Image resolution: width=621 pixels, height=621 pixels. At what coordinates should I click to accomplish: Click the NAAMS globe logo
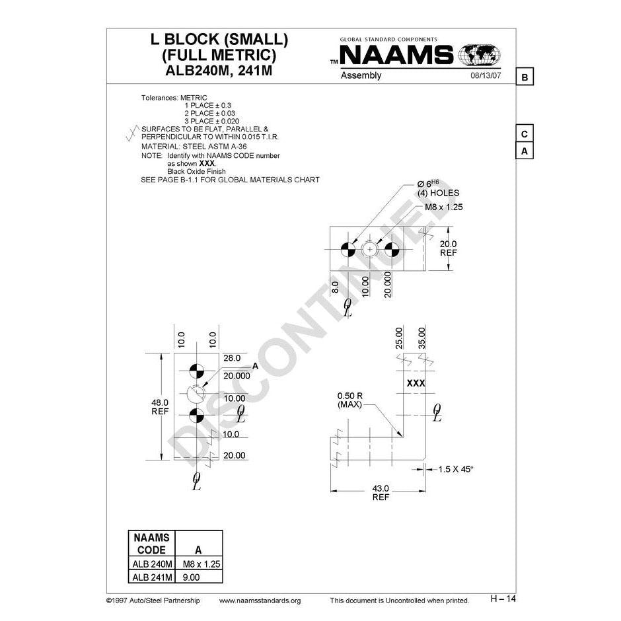(479, 55)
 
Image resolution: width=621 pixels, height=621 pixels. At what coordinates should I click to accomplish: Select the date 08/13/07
(486, 75)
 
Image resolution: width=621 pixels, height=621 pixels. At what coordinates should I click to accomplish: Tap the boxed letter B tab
(525, 77)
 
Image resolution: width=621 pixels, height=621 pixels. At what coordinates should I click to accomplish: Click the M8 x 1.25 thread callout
(443, 207)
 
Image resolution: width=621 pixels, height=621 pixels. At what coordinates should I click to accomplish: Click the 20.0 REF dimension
(449, 248)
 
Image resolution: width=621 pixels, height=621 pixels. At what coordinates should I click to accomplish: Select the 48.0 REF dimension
(160, 407)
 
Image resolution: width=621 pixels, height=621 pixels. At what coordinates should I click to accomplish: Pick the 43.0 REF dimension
(381, 493)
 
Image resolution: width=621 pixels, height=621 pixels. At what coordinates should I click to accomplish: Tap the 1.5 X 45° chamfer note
(456, 469)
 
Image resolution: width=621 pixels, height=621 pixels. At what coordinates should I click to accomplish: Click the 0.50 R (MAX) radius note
(349, 400)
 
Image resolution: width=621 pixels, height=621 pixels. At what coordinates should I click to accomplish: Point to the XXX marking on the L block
(416, 383)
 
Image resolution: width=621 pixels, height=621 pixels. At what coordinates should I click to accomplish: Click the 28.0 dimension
(232, 358)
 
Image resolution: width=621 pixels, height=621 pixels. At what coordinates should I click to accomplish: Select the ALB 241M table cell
(152, 577)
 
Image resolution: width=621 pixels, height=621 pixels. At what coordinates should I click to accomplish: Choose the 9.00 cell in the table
(192, 577)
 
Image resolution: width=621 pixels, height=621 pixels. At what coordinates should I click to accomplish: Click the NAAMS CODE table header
(152, 544)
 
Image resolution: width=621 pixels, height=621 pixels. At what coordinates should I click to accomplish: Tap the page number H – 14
(503, 599)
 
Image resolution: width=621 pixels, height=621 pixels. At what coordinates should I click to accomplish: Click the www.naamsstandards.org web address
(260, 601)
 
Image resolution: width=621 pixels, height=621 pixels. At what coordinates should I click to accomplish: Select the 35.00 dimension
(421, 338)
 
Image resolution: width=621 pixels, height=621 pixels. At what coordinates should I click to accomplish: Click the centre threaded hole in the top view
(369, 250)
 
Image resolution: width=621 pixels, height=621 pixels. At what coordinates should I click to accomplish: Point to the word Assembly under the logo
(361, 76)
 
